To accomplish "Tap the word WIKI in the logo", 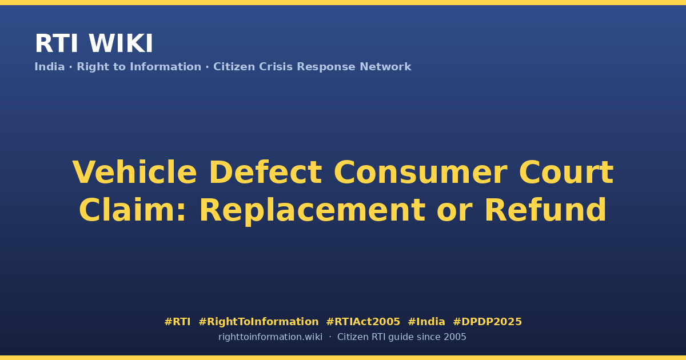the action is [x=121, y=43].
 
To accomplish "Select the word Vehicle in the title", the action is [x=134, y=173].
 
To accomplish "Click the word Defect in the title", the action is [x=265, y=173].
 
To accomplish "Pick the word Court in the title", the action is [x=567, y=173].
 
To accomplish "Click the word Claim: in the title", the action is [x=132, y=210].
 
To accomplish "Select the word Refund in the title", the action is [x=545, y=210].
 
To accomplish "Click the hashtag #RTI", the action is [x=177, y=322].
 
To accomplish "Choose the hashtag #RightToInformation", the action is [x=258, y=322].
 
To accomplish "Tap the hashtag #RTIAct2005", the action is [x=363, y=322].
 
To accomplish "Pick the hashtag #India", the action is [x=426, y=322].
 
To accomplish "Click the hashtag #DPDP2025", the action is [x=487, y=322].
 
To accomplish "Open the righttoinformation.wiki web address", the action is [x=270, y=337].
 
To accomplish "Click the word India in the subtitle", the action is [x=50, y=67].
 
